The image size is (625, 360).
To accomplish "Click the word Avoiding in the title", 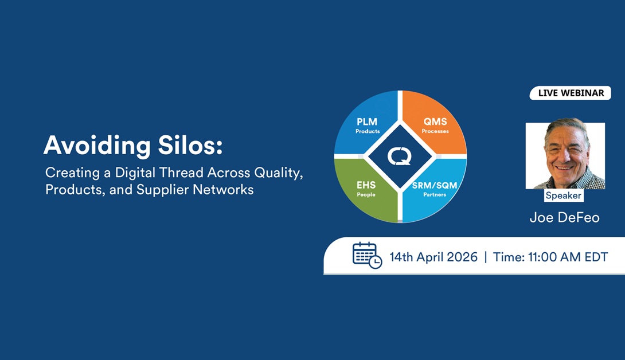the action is [x=97, y=145].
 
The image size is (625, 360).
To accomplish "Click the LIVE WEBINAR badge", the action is [x=571, y=93].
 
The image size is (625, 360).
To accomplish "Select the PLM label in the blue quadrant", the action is [x=367, y=122].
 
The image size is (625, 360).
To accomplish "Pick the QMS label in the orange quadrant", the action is [x=435, y=122].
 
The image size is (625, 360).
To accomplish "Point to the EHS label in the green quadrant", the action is [x=366, y=185].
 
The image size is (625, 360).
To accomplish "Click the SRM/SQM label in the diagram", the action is [x=435, y=185].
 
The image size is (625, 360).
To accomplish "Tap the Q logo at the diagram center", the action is [x=400, y=156].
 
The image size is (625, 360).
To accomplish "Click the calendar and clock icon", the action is [x=367, y=256].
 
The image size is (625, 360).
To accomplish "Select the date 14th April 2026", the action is [x=433, y=257].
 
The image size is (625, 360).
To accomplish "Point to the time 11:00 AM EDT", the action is [x=568, y=257].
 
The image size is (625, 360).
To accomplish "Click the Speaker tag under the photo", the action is [x=563, y=195].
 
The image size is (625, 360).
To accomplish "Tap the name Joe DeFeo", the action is [x=564, y=218].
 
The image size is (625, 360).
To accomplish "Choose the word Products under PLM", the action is [x=368, y=131].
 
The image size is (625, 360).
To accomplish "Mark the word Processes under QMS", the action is [x=435, y=131].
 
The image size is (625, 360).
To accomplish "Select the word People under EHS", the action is [x=366, y=194].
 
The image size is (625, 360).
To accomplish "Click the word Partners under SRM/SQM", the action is [x=435, y=194].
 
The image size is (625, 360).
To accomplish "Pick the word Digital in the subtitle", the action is [x=135, y=173].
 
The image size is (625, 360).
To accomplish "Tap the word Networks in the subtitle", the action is [x=223, y=189].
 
